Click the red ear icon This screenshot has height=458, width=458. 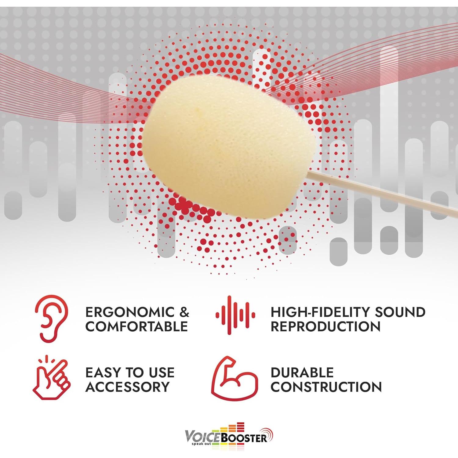click(51, 318)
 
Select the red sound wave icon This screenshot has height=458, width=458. click(235, 315)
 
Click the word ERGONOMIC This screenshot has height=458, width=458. click(130, 312)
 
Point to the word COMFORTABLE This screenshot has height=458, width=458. click(136, 326)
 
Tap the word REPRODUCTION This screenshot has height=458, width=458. click(325, 326)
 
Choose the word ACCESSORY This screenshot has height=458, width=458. click(127, 387)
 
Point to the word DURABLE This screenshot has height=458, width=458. click(302, 373)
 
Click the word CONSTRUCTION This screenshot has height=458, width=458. click(326, 387)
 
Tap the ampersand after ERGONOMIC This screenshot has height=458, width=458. click(184, 312)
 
